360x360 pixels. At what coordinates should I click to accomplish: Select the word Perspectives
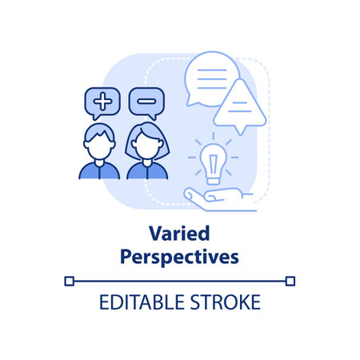click(x=179, y=258)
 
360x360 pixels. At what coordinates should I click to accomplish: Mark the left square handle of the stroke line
click(x=68, y=281)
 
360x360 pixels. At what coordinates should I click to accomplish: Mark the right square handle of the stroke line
click(x=290, y=281)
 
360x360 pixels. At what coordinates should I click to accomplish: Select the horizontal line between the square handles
click(x=179, y=281)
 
